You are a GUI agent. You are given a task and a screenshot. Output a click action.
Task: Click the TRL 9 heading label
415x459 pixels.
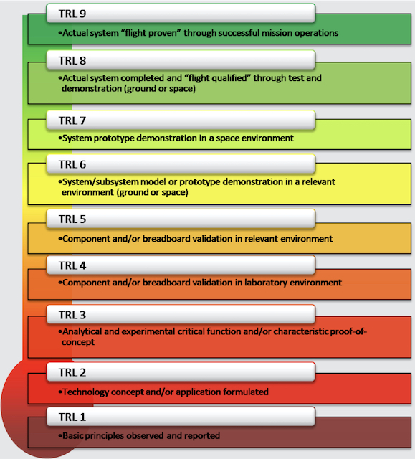(x=72, y=14)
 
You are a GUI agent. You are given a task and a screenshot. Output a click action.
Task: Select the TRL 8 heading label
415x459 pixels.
(x=72, y=60)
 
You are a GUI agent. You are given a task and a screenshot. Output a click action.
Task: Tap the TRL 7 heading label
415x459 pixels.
(x=72, y=120)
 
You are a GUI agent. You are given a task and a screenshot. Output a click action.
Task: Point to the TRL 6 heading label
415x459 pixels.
(x=72, y=164)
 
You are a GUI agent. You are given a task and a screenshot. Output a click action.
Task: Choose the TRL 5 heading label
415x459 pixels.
(x=72, y=219)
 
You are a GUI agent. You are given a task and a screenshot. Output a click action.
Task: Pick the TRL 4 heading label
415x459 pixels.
(x=72, y=265)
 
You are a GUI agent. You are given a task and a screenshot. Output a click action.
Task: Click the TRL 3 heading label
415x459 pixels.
(x=72, y=315)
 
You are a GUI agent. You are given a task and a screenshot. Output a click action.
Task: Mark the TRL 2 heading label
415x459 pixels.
(x=72, y=372)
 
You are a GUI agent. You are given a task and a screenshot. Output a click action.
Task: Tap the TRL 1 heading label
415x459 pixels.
(x=72, y=417)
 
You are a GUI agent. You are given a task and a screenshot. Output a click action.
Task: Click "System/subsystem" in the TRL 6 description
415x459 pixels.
(x=100, y=182)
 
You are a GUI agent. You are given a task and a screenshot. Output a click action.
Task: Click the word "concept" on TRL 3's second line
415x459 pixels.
(x=78, y=342)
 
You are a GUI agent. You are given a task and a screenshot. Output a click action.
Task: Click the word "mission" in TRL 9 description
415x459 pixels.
(x=277, y=33)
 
